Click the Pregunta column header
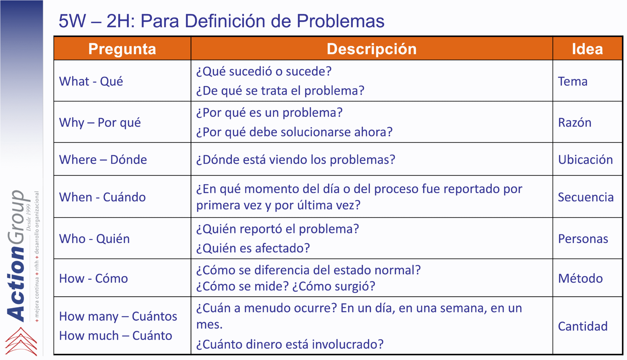click(x=122, y=49)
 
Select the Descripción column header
click(x=372, y=49)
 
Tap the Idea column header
click(x=588, y=49)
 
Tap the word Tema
click(x=573, y=81)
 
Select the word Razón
click(x=575, y=123)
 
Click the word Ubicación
click(x=585, y=160)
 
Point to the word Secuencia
click(x=586, y=197)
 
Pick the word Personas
click(x=583, y=239)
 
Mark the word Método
click(x=580, y=279)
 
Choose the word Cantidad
click(x=583, y=327)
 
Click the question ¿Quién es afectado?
click(x=253, y=248)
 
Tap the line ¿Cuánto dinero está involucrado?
click(x=290, y=344)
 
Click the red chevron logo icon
click(x=21, y=341)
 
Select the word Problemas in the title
click(x=340, y=21)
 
